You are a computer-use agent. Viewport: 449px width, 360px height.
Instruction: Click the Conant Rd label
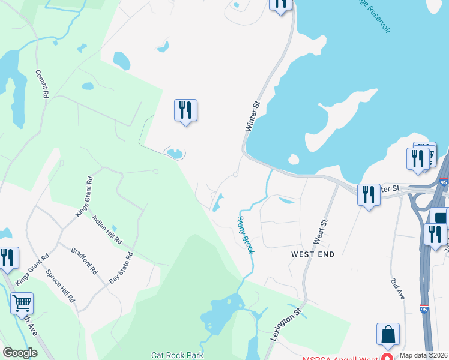pos(42,83)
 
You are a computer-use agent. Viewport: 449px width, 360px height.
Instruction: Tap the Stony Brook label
pos(246,235)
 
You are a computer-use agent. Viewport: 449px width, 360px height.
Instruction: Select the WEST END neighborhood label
pos(312,254)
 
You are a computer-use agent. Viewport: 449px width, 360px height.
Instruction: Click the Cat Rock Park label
pos(177,355)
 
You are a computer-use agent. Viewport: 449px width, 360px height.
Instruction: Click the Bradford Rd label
pos(84,260)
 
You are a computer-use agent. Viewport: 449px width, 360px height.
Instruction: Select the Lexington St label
pos(285,325)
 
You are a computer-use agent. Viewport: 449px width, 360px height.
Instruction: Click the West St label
pos(320,232)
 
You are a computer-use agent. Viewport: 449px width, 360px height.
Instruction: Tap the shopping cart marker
pos(22,303)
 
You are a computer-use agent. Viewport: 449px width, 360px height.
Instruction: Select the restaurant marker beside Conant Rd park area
pos(185,110)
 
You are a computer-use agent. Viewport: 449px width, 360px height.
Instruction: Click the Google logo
pos(20,353)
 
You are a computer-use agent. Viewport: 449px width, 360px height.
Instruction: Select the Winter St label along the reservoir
pos(252,116)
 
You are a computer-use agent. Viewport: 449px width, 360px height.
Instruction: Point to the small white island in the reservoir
pos(294,159)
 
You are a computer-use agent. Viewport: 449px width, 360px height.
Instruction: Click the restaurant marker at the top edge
pos(280,4)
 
